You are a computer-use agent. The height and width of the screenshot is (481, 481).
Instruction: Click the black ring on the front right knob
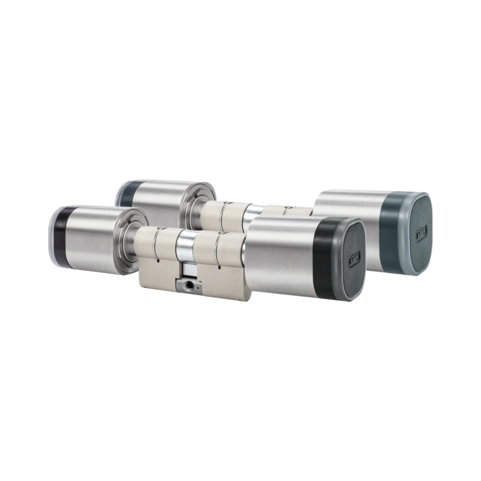[x=323, y=256]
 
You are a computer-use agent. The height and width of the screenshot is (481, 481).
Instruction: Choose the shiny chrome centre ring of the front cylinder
[x=186, y=250]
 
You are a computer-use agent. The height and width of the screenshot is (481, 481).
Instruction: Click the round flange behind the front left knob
[x=130, y=240]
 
